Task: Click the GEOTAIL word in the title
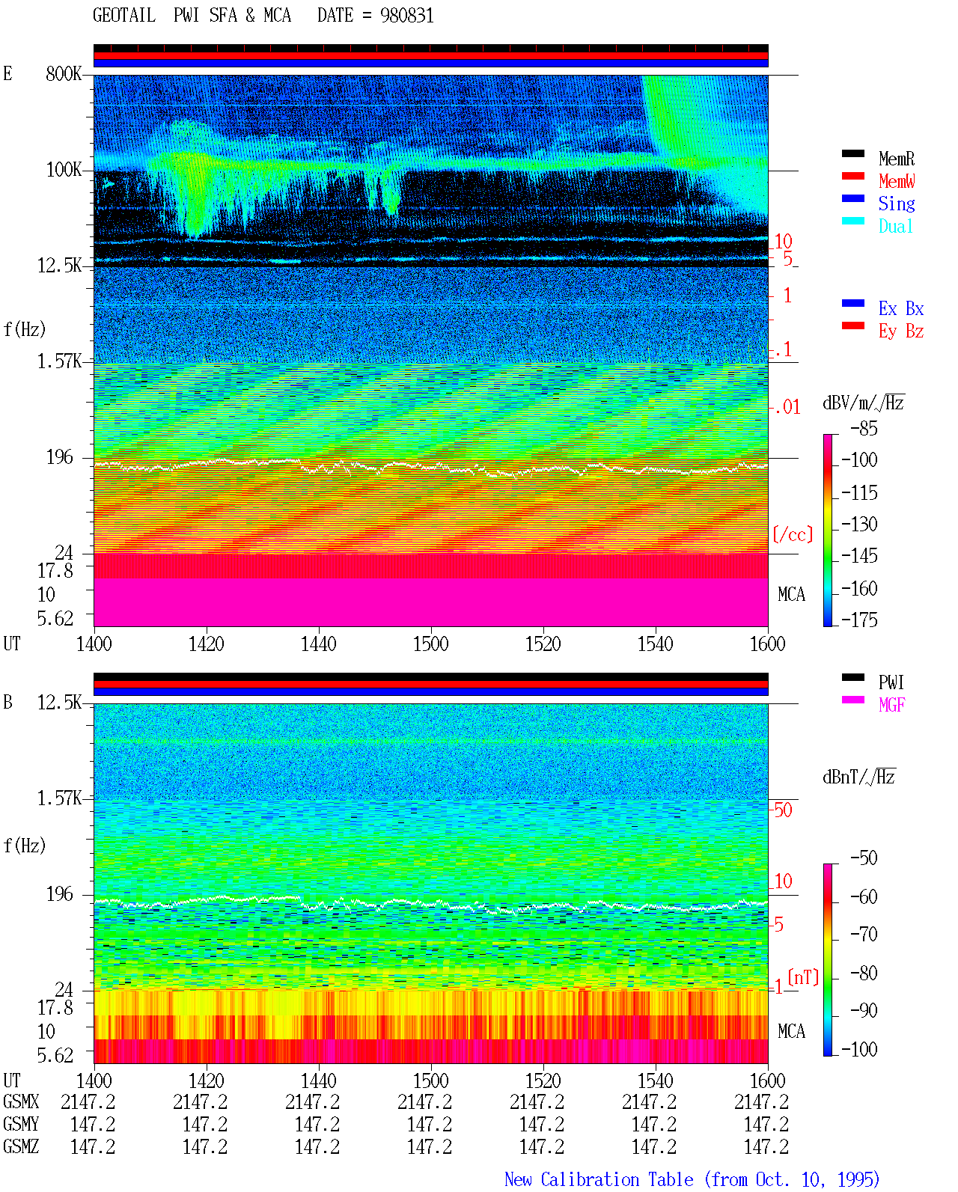click(124, 16)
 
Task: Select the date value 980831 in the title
click(406, 16)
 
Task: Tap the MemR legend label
click(897, 159)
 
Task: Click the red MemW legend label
click(897, 181)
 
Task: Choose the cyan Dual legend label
click(896, 226)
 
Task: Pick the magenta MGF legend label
click(891, 705)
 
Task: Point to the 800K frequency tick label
click(64, 73)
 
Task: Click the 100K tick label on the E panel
click(64, 170)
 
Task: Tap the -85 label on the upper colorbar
click(864, 429)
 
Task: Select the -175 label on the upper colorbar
click(859, 620)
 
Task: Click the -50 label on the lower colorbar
click(864, 858)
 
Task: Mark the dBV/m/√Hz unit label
click(864, 403)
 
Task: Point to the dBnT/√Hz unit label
click(859, 777)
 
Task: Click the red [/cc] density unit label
click(793, 534)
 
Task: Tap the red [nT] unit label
click(803, 977)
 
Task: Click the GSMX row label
click(21, 1101)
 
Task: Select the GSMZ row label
click(21, 1146)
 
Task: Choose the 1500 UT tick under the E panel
click(430, 644)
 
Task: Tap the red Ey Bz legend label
click(901, 331)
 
